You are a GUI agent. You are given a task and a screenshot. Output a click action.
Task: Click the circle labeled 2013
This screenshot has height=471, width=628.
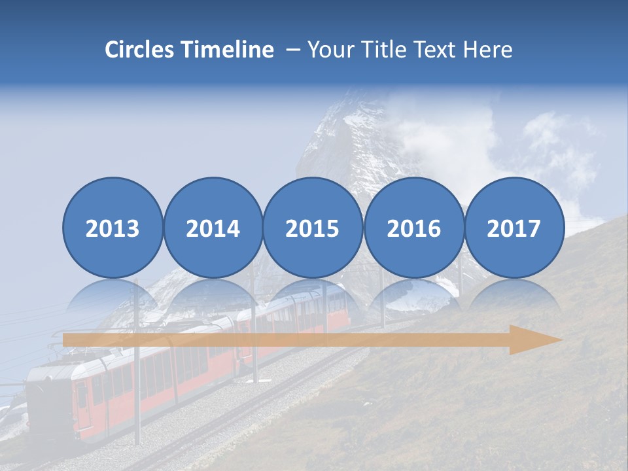(113, 228)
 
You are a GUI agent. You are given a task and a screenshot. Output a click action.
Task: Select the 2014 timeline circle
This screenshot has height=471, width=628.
(213, 228)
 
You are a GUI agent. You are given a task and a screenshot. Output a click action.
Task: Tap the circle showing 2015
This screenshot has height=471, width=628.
(313, 228)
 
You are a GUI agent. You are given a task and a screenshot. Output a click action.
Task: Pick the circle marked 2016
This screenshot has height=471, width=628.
(413, 228)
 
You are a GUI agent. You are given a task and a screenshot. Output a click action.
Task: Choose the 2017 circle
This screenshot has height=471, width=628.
(514, 228)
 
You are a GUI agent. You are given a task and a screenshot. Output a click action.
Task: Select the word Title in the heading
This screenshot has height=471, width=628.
(394, 50)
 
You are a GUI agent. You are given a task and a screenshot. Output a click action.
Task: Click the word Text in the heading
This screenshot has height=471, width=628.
(440, 50)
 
